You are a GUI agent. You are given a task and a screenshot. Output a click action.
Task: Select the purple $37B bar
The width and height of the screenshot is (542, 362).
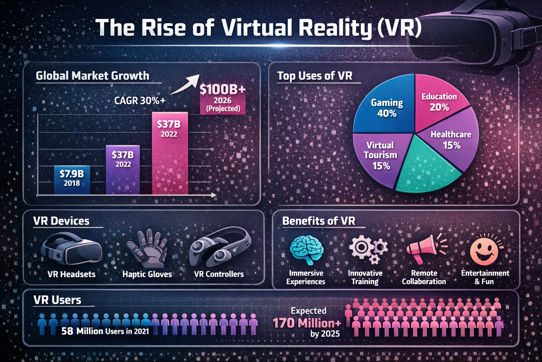[123, 170]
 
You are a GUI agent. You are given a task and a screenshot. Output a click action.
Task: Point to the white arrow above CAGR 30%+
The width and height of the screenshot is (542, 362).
[185, 84]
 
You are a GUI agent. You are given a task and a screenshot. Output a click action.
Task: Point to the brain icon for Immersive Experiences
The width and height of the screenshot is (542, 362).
[306, 249]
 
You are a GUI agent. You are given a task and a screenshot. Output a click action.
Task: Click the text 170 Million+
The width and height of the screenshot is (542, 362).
[307, 323]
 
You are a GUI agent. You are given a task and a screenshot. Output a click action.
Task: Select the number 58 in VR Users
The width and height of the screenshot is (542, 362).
[67, 331]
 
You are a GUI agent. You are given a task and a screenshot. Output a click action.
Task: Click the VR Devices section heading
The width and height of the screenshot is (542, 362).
[61, 221]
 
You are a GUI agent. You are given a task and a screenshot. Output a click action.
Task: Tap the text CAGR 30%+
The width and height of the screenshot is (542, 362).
[140, 101]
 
